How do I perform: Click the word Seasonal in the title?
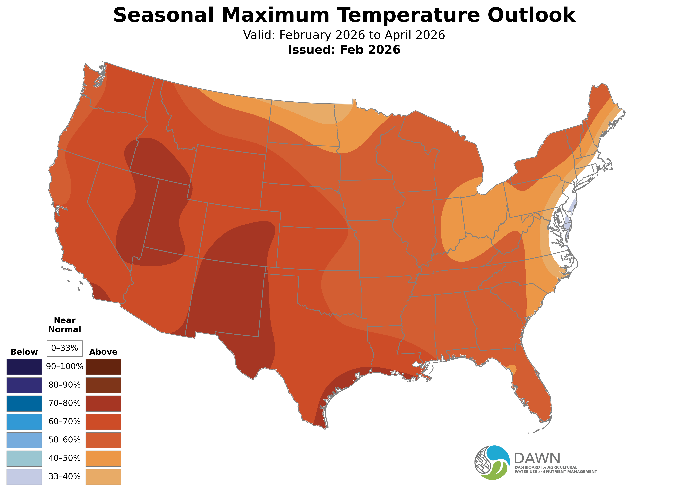coord(164,15)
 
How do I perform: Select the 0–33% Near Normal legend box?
coord(64,348)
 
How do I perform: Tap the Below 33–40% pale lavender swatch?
coord(24,477)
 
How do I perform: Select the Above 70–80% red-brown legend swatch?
coord(103,403)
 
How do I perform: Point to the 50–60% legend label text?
coord(64,440)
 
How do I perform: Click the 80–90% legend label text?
coord(64,385)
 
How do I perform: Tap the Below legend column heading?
coord(24,352)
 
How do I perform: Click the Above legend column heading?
coord(103,352)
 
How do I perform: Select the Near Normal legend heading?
coord(64,325)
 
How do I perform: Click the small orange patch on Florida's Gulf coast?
coord(512,369)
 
